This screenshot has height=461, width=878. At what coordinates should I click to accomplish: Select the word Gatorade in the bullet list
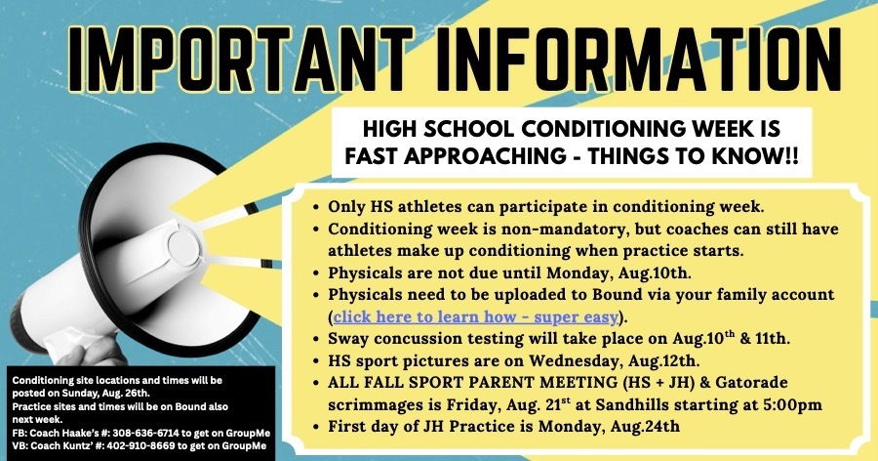(751, 383)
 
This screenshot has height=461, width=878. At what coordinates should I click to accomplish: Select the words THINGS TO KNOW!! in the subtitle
(693, 156)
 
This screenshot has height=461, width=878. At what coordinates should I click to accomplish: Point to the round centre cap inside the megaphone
(183, 247)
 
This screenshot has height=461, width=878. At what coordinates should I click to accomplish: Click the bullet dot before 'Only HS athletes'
(316, 207)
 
